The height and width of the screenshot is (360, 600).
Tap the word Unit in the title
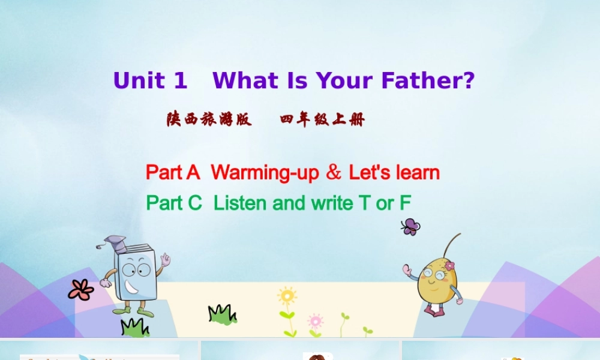(x=139, y=80)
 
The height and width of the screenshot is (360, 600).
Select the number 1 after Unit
(x=181, y=80)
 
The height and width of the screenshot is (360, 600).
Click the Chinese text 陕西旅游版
(x=209, y=119)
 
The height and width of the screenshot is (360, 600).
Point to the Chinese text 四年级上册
(x=322, y=119)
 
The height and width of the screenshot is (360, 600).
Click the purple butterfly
(x=410, y=226)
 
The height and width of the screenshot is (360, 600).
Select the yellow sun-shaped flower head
(x=287, y=296)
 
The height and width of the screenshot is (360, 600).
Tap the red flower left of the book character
(x=81, y=290)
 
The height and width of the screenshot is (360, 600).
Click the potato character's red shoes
(x=434, y=310)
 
